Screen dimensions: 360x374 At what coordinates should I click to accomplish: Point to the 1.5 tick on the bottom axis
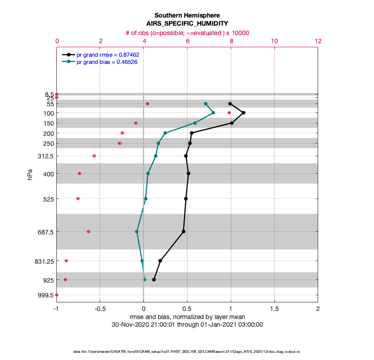tap(274, 310)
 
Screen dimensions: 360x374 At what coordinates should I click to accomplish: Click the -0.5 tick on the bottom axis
tap(100, 310)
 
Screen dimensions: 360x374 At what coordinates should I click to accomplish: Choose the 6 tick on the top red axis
tap(187, 40)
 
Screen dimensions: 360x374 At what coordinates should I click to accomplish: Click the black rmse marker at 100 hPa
tap(243, 112)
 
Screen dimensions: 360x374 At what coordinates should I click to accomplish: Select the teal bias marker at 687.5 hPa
tap(137, 231)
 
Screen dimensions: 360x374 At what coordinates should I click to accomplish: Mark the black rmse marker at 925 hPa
tap(154, 279)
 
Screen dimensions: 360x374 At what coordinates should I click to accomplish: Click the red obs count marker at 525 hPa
tap(78, 198)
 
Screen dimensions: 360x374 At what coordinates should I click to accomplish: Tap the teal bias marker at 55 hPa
tap(205, 103)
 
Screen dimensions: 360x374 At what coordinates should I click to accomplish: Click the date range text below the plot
tap(187, 324)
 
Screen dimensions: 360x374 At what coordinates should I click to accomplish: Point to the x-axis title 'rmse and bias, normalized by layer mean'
tap(187, 317)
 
